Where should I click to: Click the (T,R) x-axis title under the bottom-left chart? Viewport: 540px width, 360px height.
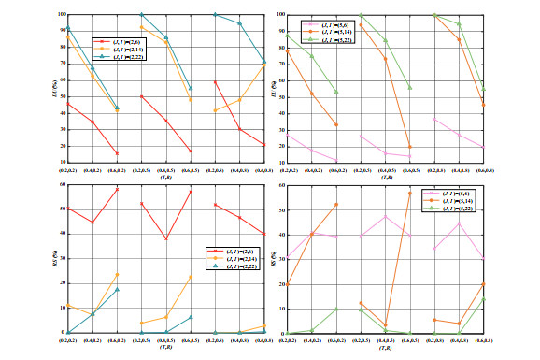(x=164, y=347)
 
